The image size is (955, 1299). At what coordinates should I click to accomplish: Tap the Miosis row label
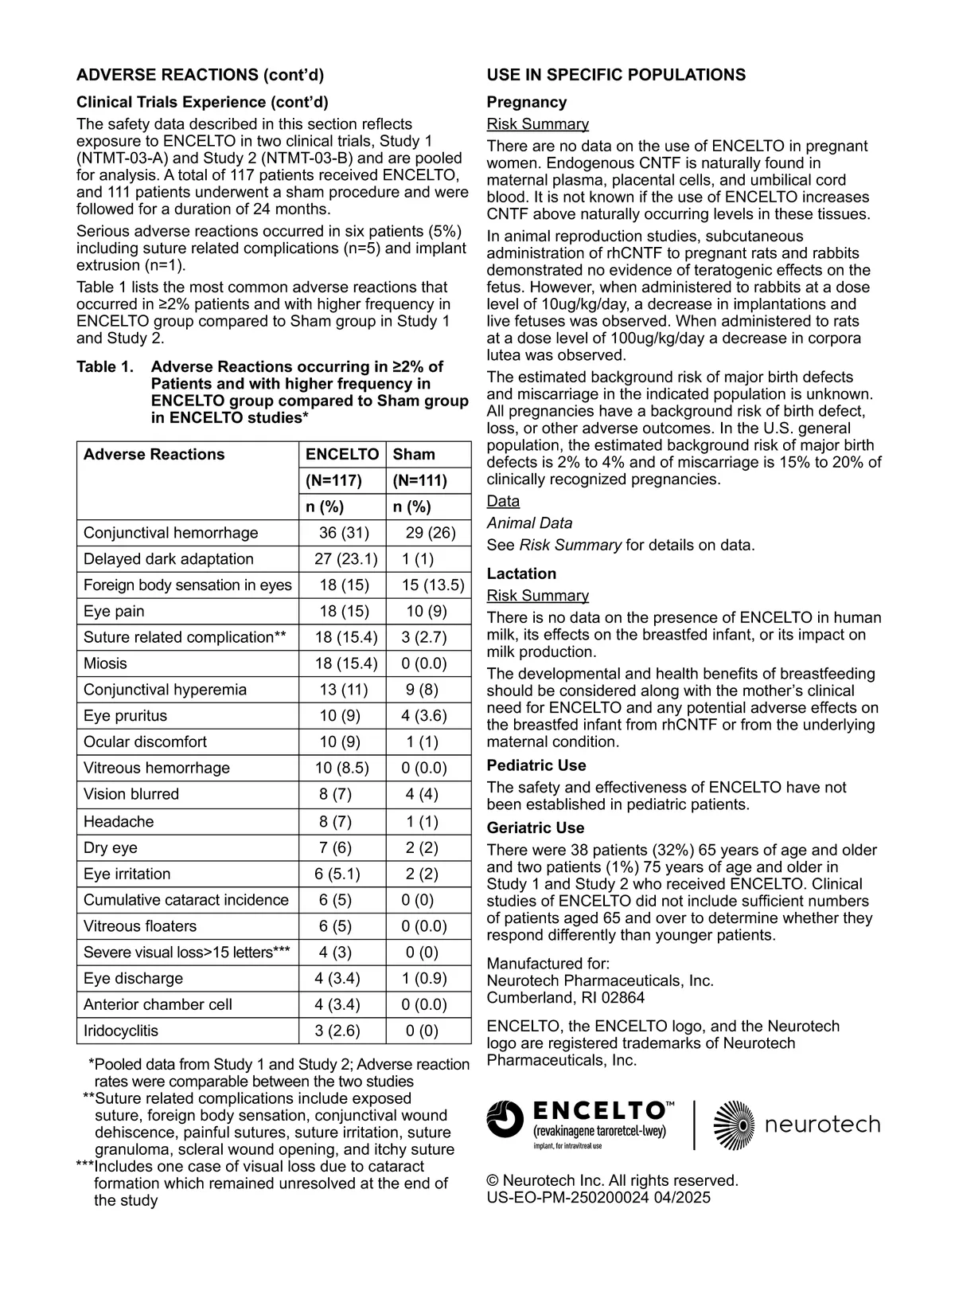tap(105, 663)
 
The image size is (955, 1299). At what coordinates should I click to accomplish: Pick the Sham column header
tap(414, 455)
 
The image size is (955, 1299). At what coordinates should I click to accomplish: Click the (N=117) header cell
tap(333, 480)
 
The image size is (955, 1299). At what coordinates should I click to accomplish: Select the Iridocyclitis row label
tap(121, 1031)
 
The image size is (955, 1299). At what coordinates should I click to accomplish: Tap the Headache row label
tap(119, 821)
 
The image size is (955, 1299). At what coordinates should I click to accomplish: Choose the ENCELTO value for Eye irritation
tap(337, 874)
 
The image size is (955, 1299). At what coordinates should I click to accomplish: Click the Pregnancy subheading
tap(527, 102)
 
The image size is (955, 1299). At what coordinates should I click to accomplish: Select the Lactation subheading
tap(521, 573)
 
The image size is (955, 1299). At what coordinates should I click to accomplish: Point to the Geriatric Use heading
tap(536, 828)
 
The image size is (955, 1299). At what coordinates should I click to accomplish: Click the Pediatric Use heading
tap(536, 765)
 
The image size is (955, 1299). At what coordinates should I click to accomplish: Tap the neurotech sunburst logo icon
tap(733, 1125)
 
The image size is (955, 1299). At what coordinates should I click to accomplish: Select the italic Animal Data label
tap(529, 523)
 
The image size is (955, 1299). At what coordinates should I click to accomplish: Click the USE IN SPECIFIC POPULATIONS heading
tap(616, 75)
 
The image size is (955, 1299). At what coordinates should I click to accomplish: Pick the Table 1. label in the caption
tap(104, 367)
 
